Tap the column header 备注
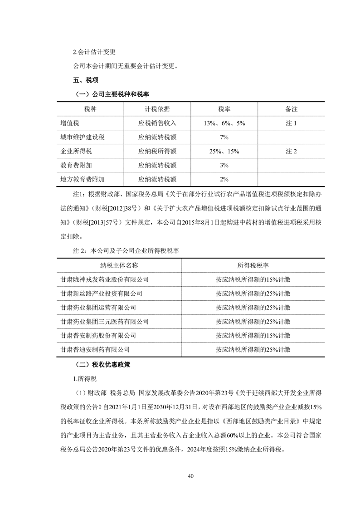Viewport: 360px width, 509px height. pos(291,109)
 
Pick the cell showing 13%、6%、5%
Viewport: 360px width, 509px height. pos(224,123)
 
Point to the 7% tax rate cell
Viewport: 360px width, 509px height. pos(224,137)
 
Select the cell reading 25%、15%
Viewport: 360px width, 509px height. pos(224,151)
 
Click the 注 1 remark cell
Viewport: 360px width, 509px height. pos(291,123)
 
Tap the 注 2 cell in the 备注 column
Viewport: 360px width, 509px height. pos(291,151)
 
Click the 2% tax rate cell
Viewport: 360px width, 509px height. pos(224,179)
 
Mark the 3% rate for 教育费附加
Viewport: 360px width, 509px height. pos(224,165)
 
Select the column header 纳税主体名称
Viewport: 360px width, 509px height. pos(119,266)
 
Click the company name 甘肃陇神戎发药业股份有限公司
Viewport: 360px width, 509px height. pos(104,279)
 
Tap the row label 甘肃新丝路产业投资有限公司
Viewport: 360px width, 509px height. pos(101,294)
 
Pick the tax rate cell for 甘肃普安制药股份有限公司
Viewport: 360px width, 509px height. pos(253,336)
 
